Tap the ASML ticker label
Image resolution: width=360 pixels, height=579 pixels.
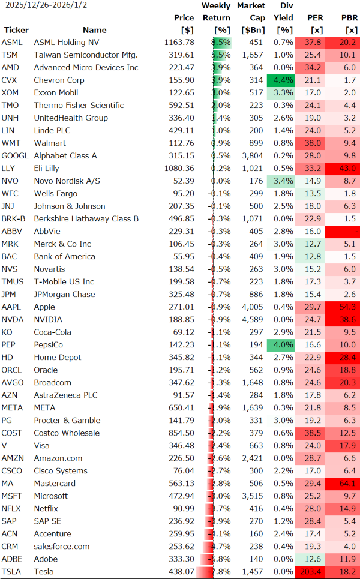click(11, 43)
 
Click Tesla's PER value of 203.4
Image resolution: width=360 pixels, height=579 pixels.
click(310, 572)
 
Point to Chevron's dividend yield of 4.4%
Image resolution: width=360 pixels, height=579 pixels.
click(283, 80)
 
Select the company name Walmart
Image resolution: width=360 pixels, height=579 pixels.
click(49, 143)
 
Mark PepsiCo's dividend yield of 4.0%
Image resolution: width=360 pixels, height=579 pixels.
click(283, 345)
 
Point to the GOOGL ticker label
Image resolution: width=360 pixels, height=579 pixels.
click(16, 156)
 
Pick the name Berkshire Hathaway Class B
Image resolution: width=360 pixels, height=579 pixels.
click(86, 219)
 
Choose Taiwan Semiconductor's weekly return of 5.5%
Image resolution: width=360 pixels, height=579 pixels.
click(221, 55)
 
